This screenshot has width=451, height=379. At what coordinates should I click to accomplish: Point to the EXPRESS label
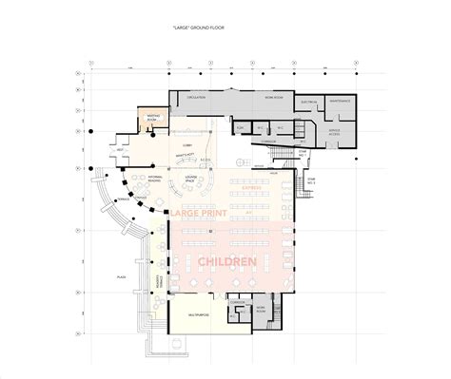(251, 189)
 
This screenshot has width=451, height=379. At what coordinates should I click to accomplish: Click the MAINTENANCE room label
(340, 100)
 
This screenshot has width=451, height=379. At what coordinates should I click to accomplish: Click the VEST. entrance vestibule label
(121, 150)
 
